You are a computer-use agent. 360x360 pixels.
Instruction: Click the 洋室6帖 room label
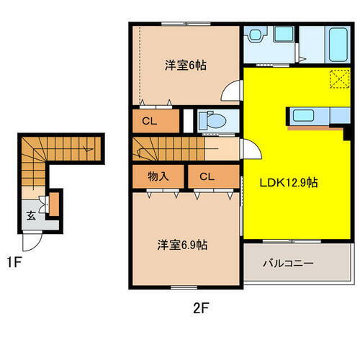click(x=186, y=66)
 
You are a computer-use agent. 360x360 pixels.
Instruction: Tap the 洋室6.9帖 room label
click(x=184, y=245)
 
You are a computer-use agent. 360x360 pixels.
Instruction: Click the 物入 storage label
click(x=158, y=176)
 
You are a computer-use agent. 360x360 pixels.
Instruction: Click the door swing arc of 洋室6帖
click(x=232, y=92)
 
